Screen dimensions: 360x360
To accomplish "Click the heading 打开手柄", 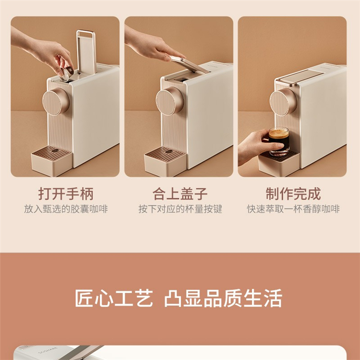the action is click(66, 194).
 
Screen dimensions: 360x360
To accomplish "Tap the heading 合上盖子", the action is click(180, 194).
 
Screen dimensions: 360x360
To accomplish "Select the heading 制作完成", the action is click(293, 194).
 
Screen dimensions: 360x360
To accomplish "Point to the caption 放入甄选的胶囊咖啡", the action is click(66, 209).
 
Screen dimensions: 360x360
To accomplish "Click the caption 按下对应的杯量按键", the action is click(180, 209).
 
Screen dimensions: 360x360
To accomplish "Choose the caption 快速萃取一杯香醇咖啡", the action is click(293, 209).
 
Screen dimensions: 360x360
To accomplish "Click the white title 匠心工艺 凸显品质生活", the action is click(179, 298).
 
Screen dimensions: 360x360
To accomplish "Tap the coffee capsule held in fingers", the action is click(67, 73).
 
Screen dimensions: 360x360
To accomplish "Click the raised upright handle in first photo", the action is click(86, 52).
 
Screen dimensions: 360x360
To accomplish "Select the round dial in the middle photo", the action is click(169, 101).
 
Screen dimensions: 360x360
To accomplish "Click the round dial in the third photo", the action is click(283, 102).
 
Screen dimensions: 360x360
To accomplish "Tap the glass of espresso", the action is click(279, 142).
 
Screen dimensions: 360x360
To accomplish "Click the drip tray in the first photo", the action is click(52, 160).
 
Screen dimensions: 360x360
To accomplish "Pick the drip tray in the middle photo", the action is click(165, 161).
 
